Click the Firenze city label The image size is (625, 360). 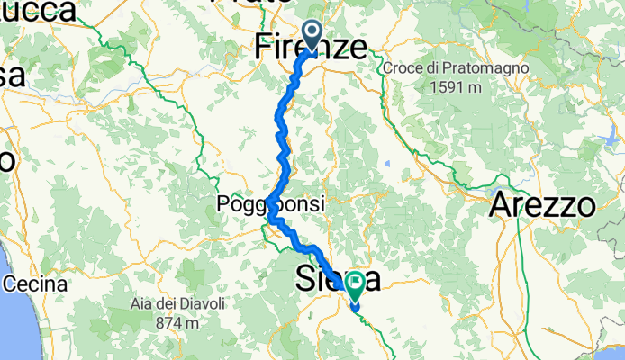(x=312, y=46)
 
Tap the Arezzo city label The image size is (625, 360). (x=543, y=205)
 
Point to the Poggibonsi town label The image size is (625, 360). (x=270, y=205)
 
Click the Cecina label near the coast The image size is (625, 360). (x=35, y=284)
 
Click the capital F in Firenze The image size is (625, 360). (x=263, y=46)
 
